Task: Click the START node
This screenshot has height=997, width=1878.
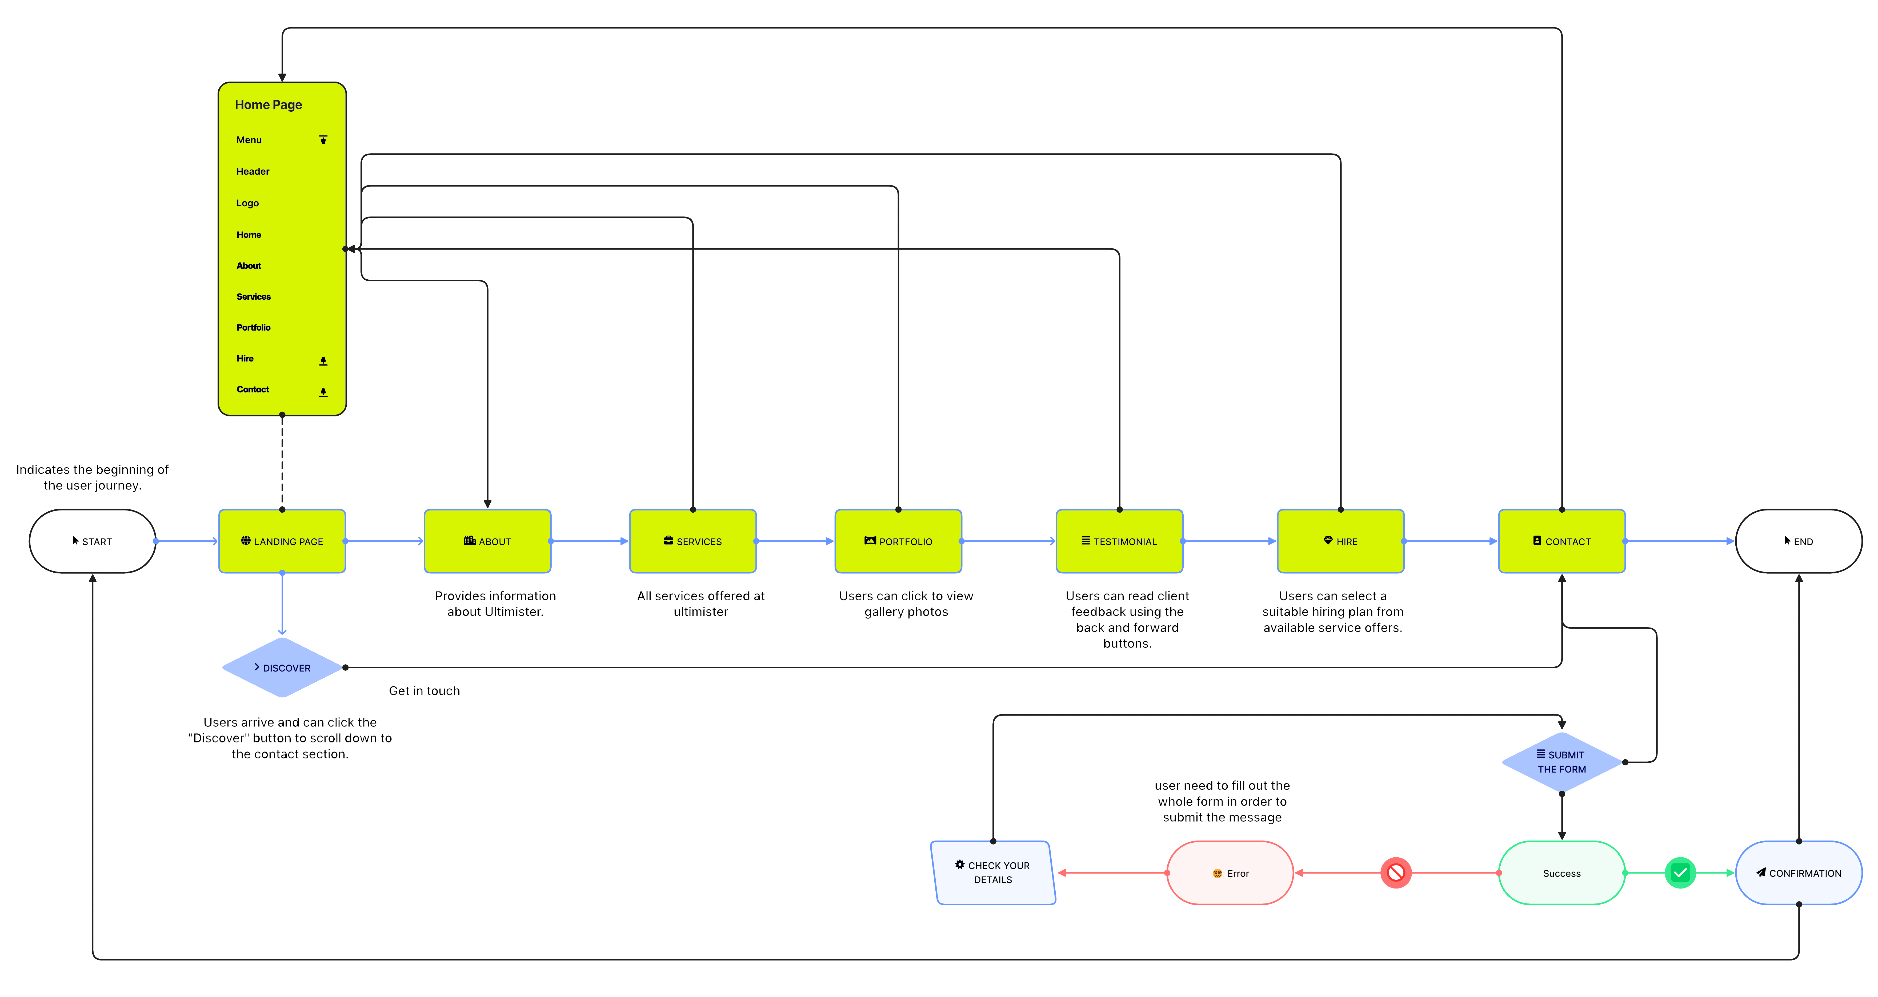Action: pyautogui.click(x=93, y=541)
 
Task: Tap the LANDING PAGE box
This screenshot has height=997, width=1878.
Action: pyautogui.click(x=282, y=541)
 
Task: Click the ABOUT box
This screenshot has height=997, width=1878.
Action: pyautogui.click(x=488, y=541)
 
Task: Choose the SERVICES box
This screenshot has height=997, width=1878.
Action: pyautogui.click(x=692, y=541)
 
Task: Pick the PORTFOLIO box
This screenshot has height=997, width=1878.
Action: pyautogui.click(x=898, y=541)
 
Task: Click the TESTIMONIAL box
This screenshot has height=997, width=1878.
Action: pyautogui.click(x=1119, y=541)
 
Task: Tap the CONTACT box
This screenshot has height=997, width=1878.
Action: pyautogui.click(x=1561, y=541)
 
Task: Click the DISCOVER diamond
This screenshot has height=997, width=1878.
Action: pyautogui.click(x=282, y=668)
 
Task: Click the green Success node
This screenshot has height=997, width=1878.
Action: pyautogui.click(x=1561, y=873)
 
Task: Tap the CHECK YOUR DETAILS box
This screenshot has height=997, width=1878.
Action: pyautogui.click(x=993, y=873)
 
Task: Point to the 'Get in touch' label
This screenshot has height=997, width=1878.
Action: pyautogui.click(x=424, y=691)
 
